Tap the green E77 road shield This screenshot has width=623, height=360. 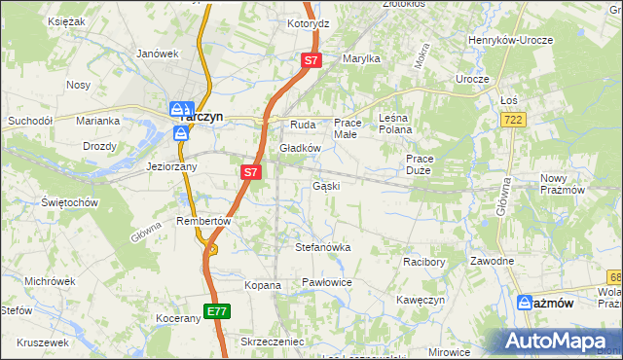[218, 311]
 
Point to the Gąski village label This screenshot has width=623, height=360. [325, 186]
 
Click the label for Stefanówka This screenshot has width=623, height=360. [322, 247]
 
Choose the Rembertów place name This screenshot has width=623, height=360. [202, 221]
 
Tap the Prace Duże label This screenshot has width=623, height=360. [419, 164]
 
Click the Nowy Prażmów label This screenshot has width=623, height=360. [567, 184]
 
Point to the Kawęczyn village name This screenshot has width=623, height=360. [421, 300]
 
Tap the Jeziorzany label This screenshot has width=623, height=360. [171, 166]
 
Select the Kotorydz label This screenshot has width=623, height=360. [308, 22]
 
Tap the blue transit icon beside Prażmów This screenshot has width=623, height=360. [525, 303]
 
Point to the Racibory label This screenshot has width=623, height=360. [424, 262]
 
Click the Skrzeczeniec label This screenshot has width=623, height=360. [273, 342]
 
